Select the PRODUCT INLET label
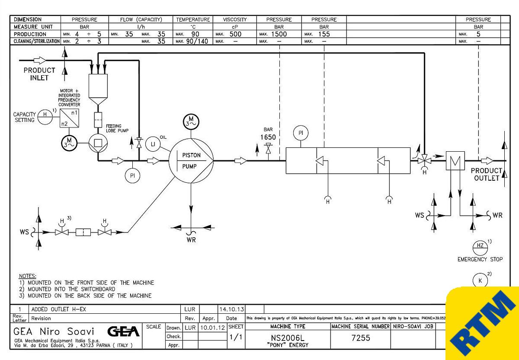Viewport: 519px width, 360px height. coord(39,74)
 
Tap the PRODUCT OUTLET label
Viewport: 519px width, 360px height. coord(486,174)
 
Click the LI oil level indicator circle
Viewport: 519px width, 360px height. coord(152,143)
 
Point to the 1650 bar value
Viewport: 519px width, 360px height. coord(268,137)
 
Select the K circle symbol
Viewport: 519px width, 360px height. coord(480,280)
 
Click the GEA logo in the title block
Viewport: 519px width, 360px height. coord(123,331)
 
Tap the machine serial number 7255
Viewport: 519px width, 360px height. coord(361,338)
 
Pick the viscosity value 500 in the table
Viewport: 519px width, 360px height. coord(235,34)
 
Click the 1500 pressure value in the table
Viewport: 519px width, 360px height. coord(279,34)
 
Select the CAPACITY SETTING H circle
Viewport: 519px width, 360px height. coord(45,115)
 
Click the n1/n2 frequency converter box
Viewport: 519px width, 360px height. coord(70,118)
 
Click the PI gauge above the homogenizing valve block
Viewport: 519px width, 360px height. coord(301,133)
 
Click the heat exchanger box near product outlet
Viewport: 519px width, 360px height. coord(455,161)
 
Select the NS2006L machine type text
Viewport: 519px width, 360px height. coord(288,338)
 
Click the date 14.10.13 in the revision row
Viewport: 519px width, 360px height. coord(231,309)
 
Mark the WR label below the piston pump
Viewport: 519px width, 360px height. coord(191,240)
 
